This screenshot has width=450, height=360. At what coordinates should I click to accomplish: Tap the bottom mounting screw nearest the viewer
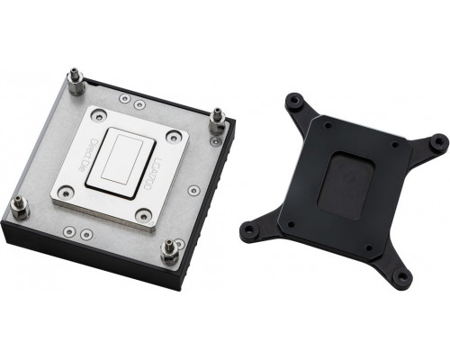(x=166, y=252)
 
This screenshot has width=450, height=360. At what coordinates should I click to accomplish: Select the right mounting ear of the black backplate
(x=437, y=142)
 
